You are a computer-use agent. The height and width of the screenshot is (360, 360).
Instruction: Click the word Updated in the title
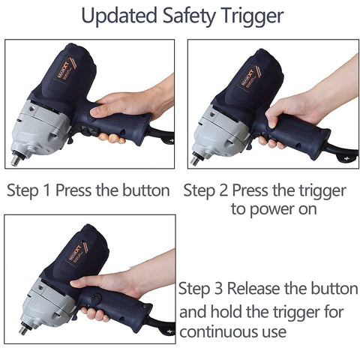click(119, 16)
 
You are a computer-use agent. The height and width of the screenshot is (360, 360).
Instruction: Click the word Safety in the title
click(189, 16)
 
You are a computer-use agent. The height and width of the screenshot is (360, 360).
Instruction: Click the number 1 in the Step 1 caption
click(46, 190)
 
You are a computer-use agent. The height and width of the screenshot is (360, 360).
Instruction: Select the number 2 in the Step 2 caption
click(223, 190)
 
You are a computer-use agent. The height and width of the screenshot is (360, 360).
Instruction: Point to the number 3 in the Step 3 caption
click(218, 289)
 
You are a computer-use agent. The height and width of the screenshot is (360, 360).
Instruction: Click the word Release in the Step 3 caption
click(253, 289)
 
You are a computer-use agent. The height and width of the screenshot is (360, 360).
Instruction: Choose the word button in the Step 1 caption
click(146, 190)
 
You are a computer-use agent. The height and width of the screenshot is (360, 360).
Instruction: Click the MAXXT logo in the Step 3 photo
click(76, 253)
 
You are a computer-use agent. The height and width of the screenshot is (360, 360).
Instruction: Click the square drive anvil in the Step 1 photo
click(16, 159)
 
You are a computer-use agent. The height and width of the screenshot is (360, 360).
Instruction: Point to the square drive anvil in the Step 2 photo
click(196, 160)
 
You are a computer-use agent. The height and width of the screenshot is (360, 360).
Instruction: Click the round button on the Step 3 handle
click(96, 298)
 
